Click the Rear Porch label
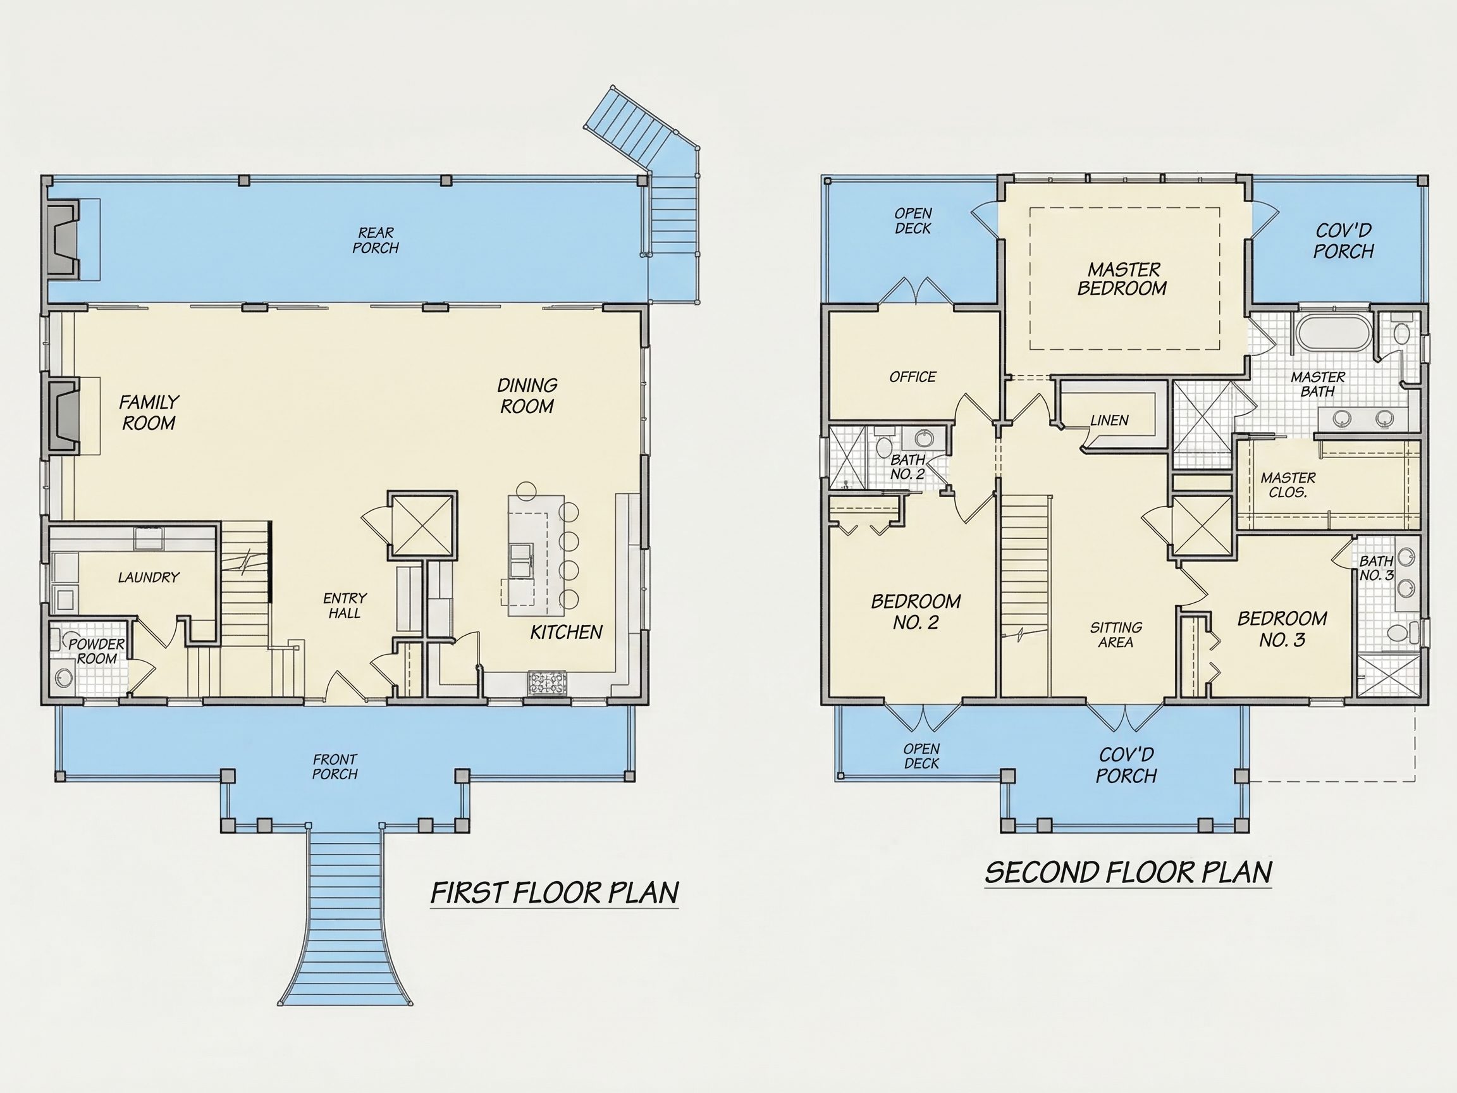pyautogui.click(x=376, y=240)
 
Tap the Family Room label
pyautogui.click(x=149, y=412)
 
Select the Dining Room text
pyautogui.click(x=527, y=396)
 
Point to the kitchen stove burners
pyautogui.click(x=547, y=682)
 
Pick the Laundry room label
pyautogui.click(x=149, y=577)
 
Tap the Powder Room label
pyautogui.click(x=97, y=651)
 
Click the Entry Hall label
pyautogui.click(x=345, y=605)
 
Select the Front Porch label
pyautogui.click(x=335, y=767)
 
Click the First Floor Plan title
pyautogui.click(x=555, y=893)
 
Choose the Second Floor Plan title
pyautogui.click(x=1128, y=872)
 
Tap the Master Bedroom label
pyautogui.click(x=1122, y=279)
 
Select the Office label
pyautogui.click(x=913, y=377)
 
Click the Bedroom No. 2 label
pyautogui.click(x=916, y=612)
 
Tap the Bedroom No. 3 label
pyautogui.click(x=1282, y=629)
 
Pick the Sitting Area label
pyautogui.click(x=1116, y=634)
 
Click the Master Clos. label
pyautogui.click(x=1288, y=485)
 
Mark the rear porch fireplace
pyautogui.click(x=63, y=240)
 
